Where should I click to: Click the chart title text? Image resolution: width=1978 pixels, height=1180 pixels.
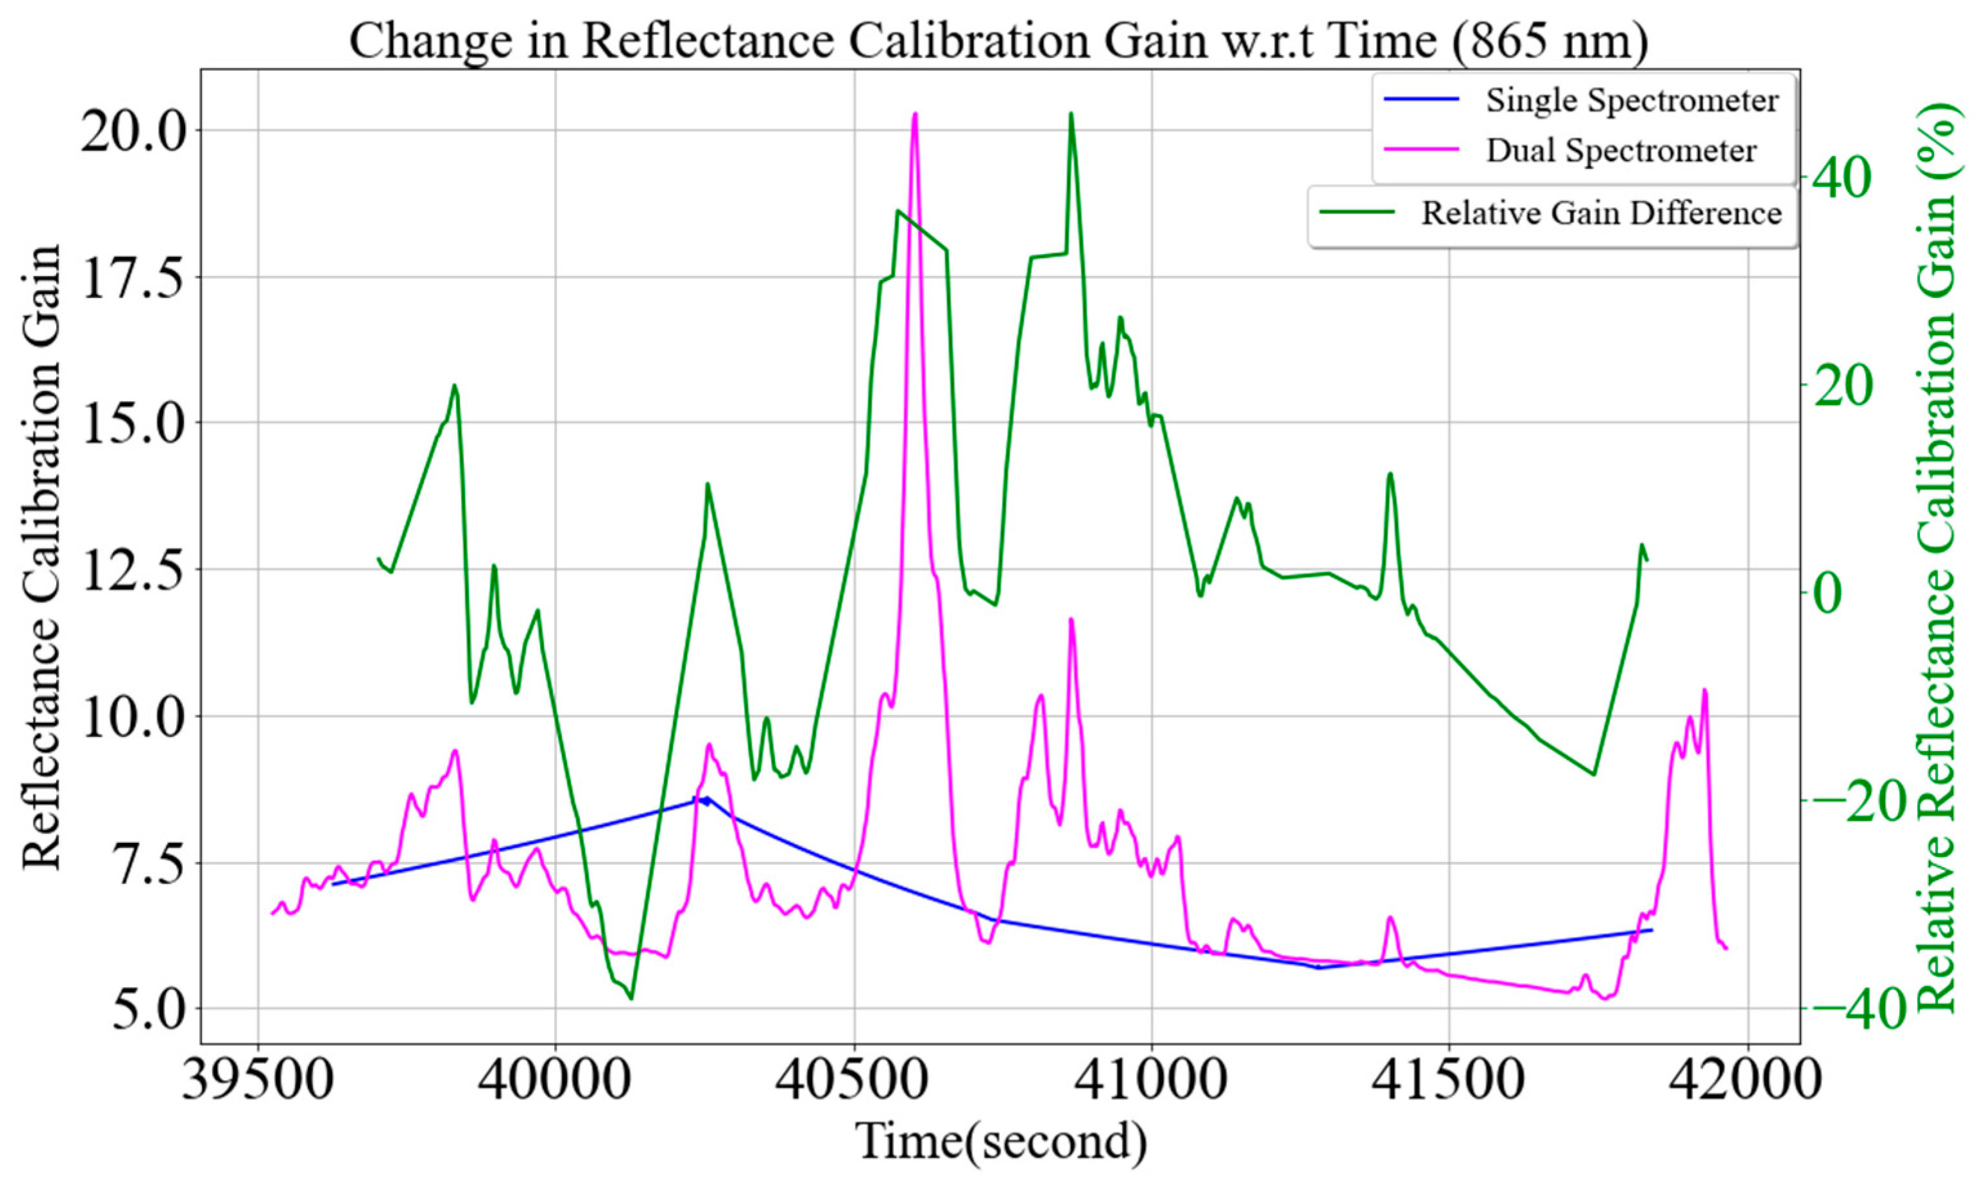tap(998, 41)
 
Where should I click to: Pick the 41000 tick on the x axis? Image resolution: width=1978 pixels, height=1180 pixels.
tap(1152, 1083)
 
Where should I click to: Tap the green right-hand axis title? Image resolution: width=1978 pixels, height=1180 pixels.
tap(1937, 556)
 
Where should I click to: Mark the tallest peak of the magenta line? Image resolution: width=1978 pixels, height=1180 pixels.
tap(915, 115)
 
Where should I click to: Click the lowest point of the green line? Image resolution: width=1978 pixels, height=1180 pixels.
tap(631, 999)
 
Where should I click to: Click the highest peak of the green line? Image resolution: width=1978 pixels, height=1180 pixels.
tap(1072, 113)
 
